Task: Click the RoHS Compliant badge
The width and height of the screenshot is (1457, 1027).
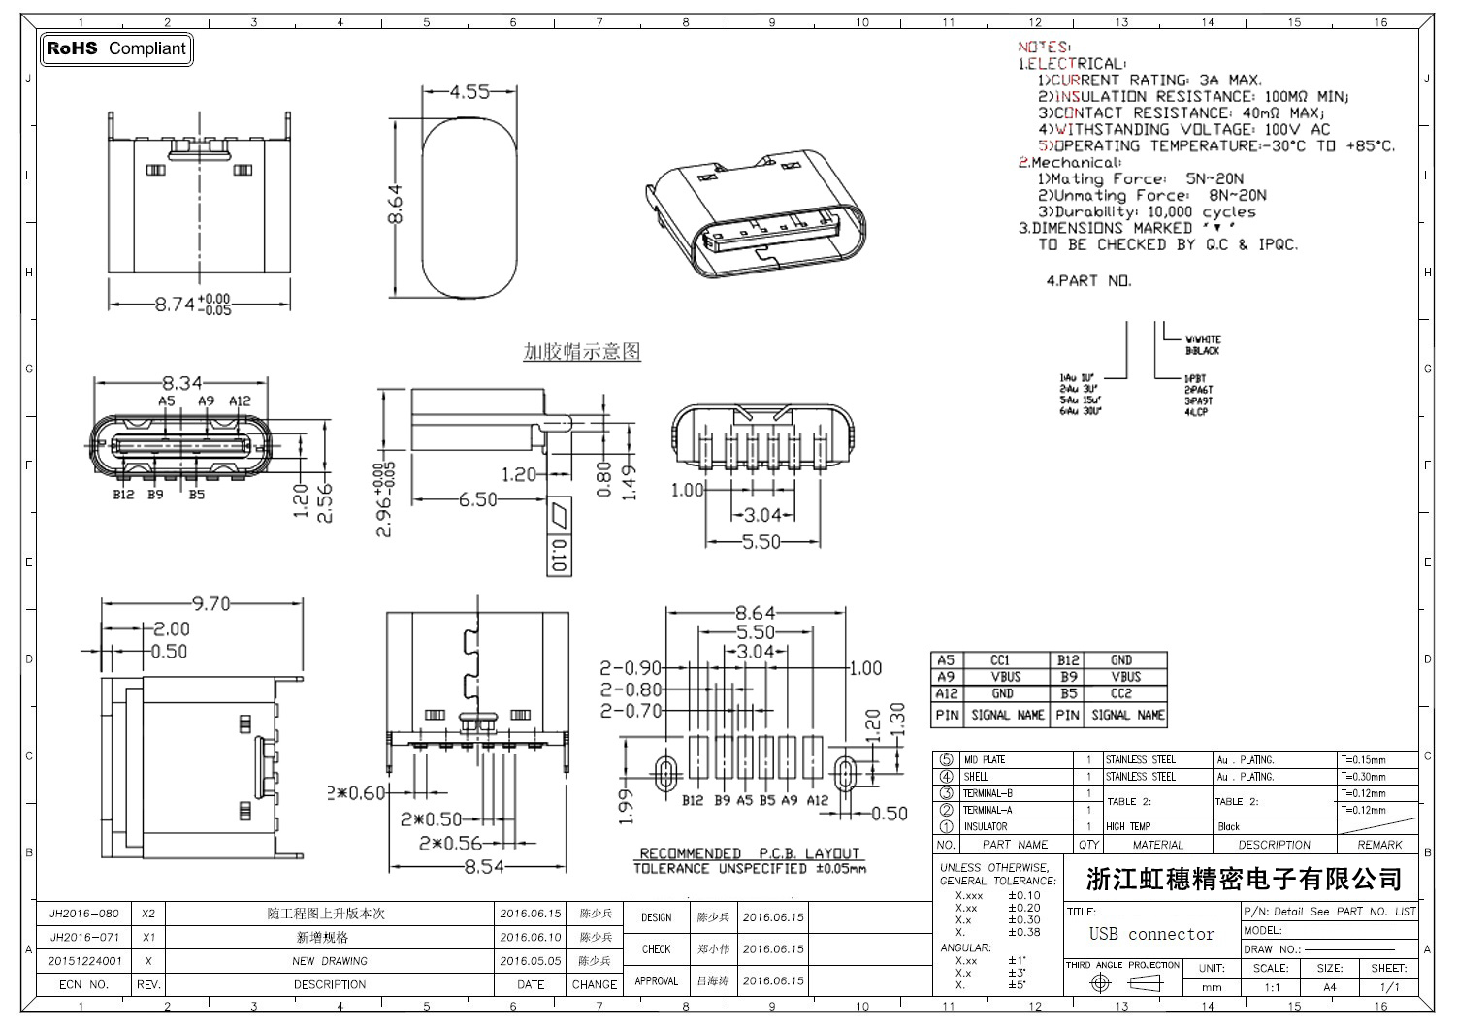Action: (x=115, y=48)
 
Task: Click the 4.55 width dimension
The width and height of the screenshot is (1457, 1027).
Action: (x=469, y=92)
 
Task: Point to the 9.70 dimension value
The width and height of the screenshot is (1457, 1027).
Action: (x=210, y=604)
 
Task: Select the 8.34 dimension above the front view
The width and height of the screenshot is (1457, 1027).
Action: (x=181, y=383)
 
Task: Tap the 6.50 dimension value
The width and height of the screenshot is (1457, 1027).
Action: (x=477, y=499)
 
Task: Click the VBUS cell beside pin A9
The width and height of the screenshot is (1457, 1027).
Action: (x=1005, y=677)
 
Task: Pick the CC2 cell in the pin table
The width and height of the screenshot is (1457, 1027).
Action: (x=1121, y=694)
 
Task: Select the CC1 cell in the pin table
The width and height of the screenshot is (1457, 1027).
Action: (x=1000, y=660)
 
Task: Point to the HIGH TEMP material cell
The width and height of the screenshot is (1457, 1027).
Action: (x=1128, y=827)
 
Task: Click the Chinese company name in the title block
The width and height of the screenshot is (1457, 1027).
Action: (x=1244, y=880)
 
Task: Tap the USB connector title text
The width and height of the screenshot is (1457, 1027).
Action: (x=1151, y=934)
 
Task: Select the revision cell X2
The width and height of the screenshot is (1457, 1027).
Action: (x=147, y=914)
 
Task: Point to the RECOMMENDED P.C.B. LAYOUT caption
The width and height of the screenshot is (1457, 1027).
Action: (x=749, y=853)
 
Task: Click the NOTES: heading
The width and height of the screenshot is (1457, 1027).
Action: (x=1044, y=47)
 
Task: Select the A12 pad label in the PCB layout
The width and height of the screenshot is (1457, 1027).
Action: (x=818, y=801)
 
